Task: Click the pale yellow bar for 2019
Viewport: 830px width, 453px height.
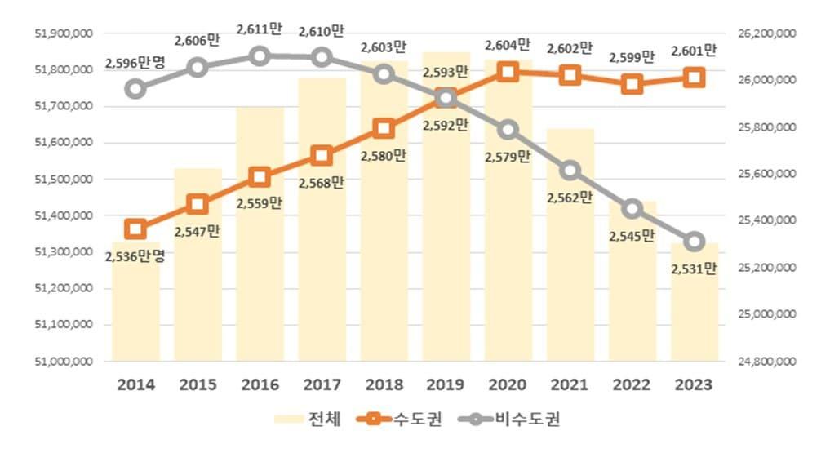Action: [446, 245]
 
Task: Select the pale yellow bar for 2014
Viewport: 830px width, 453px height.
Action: [135, 310]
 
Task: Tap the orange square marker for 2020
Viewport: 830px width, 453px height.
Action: [508, 71]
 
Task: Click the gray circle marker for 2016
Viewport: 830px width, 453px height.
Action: [260, 56]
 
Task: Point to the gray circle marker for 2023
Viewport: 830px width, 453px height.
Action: [695, 242]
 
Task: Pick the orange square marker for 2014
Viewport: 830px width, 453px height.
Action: [135, 229]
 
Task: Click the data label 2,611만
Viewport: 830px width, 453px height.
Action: [260, 29]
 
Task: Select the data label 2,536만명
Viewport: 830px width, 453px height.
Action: [135, 256]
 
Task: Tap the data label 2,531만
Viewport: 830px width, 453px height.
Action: [695, 269]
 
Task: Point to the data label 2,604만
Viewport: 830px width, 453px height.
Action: [508, 45]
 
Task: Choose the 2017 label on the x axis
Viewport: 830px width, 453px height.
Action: [322, 384]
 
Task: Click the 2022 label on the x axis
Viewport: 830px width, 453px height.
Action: [632, 384]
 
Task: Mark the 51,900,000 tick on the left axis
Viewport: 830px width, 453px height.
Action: [64, 33]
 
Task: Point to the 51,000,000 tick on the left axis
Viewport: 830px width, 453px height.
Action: [64, 361]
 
